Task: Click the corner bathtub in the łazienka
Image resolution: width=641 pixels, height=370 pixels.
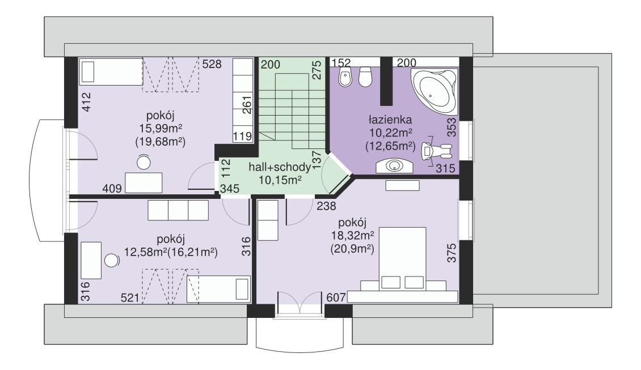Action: pyautogui.click(x=434, y=91)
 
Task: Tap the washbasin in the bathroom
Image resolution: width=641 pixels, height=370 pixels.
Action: pyautogui.click(x=394, y=166)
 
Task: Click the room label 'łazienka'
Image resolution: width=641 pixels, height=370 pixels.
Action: pyautogui.click(x=390, y=120)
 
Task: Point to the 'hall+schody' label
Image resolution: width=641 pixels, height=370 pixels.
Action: pyautogui.click(x=279, y=167)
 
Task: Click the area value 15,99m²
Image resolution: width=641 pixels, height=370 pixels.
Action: pyautogui.click(x=160, y=129)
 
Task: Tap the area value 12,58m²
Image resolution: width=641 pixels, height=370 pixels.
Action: pyautogui.click(x=146, y=252)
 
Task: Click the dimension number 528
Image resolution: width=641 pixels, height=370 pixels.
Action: pyautogui.click(x=212, y=64)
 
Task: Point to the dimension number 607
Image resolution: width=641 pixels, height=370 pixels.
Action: pyautogui.click(x=336, y=297)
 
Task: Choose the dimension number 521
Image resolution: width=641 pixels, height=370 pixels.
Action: pyautogui.click(x=130, y=298)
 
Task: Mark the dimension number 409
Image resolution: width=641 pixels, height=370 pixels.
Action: pyautogui.click(x=112, y=188)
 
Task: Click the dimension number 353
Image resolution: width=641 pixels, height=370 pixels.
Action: pyautogui.click(x=452, y=127)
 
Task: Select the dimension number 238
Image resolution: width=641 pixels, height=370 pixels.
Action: pyautogui.click(x=326, y=206)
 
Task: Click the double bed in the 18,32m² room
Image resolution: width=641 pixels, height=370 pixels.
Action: pyautogui.click(x=403, y=260)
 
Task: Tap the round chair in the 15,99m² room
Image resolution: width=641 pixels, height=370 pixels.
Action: pyautogui.click(x=144, y=162)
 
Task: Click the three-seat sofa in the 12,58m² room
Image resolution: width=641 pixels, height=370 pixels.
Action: pyautogui.click(x=178, y=210)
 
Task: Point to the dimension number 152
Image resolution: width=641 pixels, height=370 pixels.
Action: pyautogui.click(x=341, y=63)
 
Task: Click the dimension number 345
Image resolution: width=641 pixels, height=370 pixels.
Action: pyautogui.click(x=230, y=189)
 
